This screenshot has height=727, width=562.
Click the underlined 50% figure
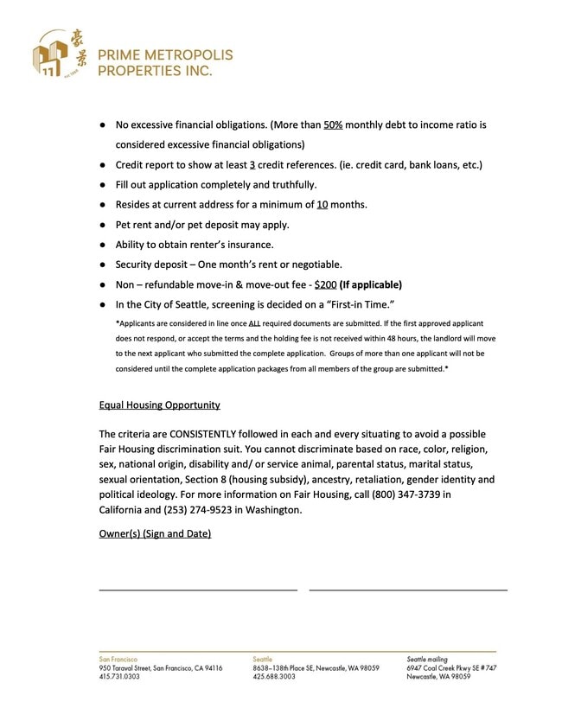click(x=334, y=125)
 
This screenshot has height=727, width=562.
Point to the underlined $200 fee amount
click(x=323, y=284)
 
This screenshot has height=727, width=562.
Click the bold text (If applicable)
click(x=371, y=284)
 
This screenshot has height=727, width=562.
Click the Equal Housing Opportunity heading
click(x=159, y=405)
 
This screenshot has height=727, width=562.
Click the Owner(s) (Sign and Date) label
click(x=155, y=533)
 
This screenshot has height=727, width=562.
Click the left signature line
click(x=198, y=590)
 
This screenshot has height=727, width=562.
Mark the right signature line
click(x=407, y=590)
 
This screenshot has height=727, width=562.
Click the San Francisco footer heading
click(x=118, y=659)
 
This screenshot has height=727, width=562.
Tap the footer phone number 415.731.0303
click(x=119, y=677)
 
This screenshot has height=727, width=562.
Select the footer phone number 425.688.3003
click(x=274, y=677)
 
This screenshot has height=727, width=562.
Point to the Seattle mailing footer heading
click(x=427, y=659)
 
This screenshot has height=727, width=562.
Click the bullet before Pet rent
click(x=102, y=225)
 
